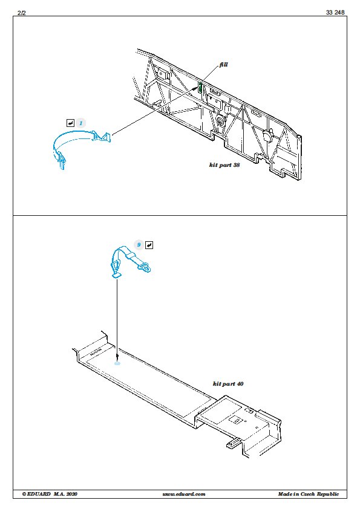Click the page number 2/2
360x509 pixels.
(21, 13)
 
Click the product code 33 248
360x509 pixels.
(335, 12)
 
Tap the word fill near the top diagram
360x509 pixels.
(223, 64)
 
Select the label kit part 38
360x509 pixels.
(224, 165)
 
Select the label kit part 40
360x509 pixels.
(228, 384)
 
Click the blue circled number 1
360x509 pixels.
(81, 123)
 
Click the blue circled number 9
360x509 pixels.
(139, 245)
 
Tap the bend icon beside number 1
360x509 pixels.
(71, 123)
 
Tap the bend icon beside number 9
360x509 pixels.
(149, 245)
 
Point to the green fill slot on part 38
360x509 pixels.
(200, 86)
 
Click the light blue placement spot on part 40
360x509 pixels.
(117, 363)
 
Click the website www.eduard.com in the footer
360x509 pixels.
(184, 494)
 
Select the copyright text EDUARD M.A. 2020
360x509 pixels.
(50, 494)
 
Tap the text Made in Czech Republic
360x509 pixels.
(308, 494)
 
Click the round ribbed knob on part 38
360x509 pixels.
(220, 122)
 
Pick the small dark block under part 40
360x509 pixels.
(234, 443)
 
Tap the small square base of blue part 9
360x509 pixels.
(116, 276)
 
